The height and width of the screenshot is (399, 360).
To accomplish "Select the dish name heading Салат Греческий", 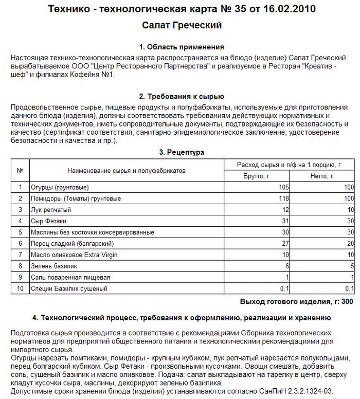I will click(181, 25).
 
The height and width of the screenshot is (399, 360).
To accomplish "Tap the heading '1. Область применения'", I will click(181, 47).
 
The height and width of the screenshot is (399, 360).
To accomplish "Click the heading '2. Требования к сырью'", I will click(181, 96).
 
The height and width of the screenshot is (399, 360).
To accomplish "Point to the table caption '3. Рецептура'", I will click(182, 152).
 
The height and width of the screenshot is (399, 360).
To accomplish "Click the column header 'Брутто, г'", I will click(256, 176).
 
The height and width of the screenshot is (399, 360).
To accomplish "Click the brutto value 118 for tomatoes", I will click(283, 198).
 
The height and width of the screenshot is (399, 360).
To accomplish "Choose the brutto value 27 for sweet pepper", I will click(285, 244).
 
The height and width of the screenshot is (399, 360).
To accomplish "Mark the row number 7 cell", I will click(21, 255).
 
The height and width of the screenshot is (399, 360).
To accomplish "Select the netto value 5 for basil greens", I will click(352, 266).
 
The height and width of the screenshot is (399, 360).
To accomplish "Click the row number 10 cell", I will click(21, 289).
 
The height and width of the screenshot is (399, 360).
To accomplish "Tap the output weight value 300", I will click(348, 301).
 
